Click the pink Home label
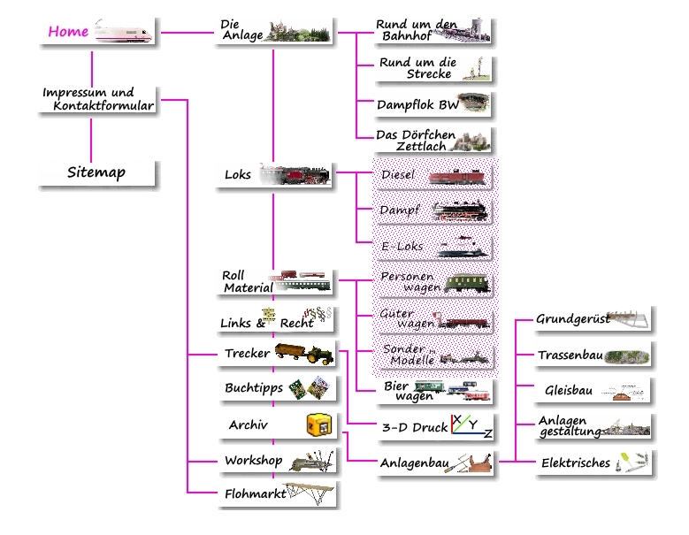pyautogui.click(x=68, y=32)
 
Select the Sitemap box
pyautogui.click(x=96, y=172)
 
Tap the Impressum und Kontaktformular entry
pyautogui.click(x=98, y=99)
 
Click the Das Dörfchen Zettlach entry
pyautogui.click(x=412, y=140)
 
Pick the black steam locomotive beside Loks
pyautogui.click(x=302, y=175)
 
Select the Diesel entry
pyautogui.click(x=398, y=175)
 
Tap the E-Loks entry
pyautogui.click(x=402, y=247)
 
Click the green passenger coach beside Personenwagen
pyautogui.click(x=465, y=283)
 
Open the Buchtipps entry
pyautogui.click(x=254, y=388)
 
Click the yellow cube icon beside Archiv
pyautogui.click(x=318, y=425)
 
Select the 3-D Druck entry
pyautogui.click(x=415, y=427)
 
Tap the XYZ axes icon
pyautogui.click(x=471, y=427)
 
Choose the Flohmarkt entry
pyautogui.click(x=255, y=494)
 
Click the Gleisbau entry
pyautogui.click(x=569, y=390)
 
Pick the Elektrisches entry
pyautogui.click(x=575, y=462)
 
